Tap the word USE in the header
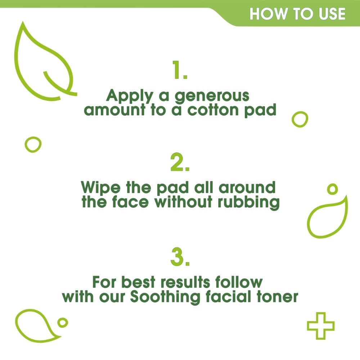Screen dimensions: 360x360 point(332,14)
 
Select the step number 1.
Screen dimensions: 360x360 point(180,70)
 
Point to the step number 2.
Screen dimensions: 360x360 point(180,162)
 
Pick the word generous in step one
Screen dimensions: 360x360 point(212,96)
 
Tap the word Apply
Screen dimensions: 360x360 point(130,96)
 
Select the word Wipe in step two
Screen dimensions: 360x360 point(100,188)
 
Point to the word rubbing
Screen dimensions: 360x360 point(248,202)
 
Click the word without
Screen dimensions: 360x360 point(183,202)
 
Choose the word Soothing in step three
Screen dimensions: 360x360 point(165,297)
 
